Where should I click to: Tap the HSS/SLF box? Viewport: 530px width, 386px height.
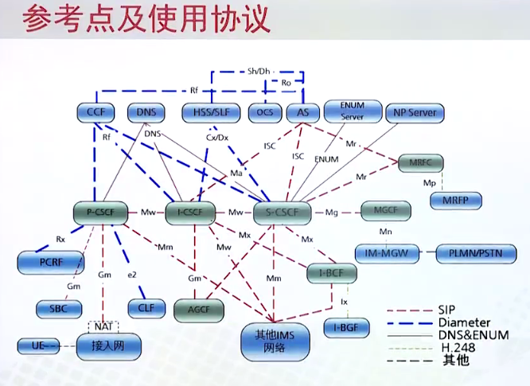point(208,113)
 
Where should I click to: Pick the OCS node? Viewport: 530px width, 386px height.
point(264,113)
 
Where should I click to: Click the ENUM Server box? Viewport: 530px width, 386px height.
point(352,111)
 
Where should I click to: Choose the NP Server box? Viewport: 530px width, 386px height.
point(415,113)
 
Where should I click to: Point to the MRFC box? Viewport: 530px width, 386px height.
point(421,163)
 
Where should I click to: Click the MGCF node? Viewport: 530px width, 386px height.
point(385,212)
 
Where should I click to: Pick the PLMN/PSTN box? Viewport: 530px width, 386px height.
point(477,254)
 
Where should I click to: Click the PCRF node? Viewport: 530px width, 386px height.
point(50,261)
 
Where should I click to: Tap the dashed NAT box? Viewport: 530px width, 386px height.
point(103,326)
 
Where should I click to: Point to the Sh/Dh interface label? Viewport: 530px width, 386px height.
point(259,71)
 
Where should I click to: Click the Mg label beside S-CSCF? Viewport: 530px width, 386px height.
point(333,212)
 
